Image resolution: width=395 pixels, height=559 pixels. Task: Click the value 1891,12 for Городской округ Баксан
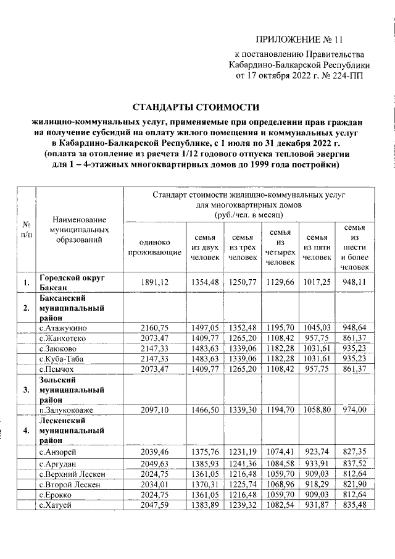point(155,283)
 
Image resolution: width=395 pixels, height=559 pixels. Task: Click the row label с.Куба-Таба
point(63,358)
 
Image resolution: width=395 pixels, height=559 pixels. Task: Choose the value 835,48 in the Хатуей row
point(354,505)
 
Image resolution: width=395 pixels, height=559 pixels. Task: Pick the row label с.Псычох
point(59,369)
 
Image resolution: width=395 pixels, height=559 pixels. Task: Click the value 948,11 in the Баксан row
point(354,283)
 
